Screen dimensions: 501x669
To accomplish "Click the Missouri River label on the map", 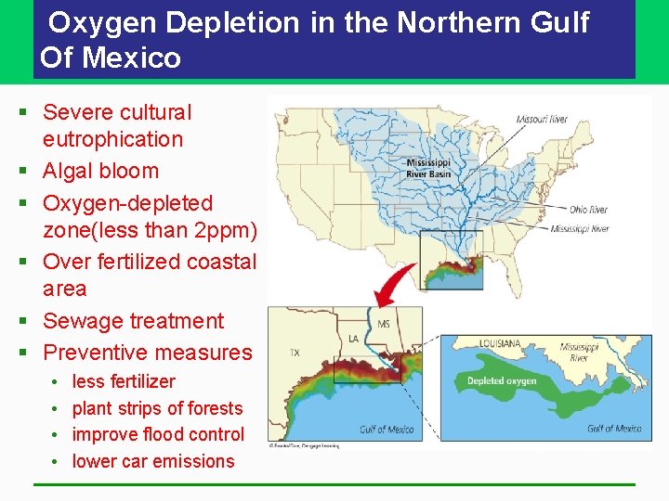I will click(x=542, y=120).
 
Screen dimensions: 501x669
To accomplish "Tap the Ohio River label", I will click(x=588, y=210).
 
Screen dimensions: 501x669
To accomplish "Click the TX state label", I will click(x=294, y=353).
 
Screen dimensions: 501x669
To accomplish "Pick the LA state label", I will click(x=353, y=339).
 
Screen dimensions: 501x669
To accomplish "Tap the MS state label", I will click(x=384, y=325).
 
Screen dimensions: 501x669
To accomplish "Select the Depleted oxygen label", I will click(x=502, y=381).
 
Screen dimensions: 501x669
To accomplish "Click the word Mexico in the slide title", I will click(x=132, y=58).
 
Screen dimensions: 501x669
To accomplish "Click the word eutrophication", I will click(x=112, y=139).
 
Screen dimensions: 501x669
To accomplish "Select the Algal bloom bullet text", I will click(x=100, y=171).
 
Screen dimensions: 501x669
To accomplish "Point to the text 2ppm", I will click(x=223, y=229).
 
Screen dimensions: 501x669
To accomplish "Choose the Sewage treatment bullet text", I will click(x=133, y=321).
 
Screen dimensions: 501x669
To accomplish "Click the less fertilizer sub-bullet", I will click(x=124, y=381).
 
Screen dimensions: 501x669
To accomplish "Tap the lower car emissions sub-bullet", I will click(x=153, y=461).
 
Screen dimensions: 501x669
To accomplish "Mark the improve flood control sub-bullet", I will click(x=158, y=434).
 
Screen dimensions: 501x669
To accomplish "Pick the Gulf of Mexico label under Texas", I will click(x=387, y=429).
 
